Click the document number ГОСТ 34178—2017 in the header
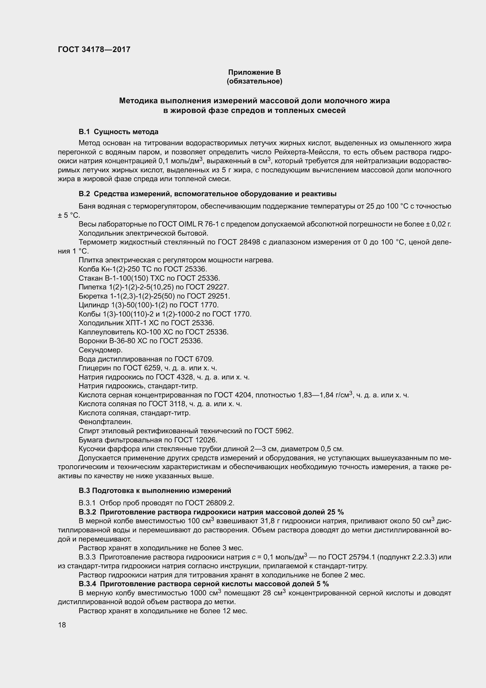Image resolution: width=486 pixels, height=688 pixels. pos(94,50)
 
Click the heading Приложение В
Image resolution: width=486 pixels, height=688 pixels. pos(254,72)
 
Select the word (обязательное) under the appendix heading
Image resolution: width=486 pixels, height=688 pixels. pos(254,81)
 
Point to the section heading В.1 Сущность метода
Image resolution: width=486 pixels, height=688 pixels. pos(118,132)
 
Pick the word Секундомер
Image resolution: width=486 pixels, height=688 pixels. pos(101,350)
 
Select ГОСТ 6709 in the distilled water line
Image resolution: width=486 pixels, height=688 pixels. pos(194,359)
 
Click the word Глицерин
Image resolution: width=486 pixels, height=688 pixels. pos(95,368)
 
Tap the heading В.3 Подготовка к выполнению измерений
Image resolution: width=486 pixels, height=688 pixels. pos(155,491)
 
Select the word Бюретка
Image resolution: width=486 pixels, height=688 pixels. pos(93,296)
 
